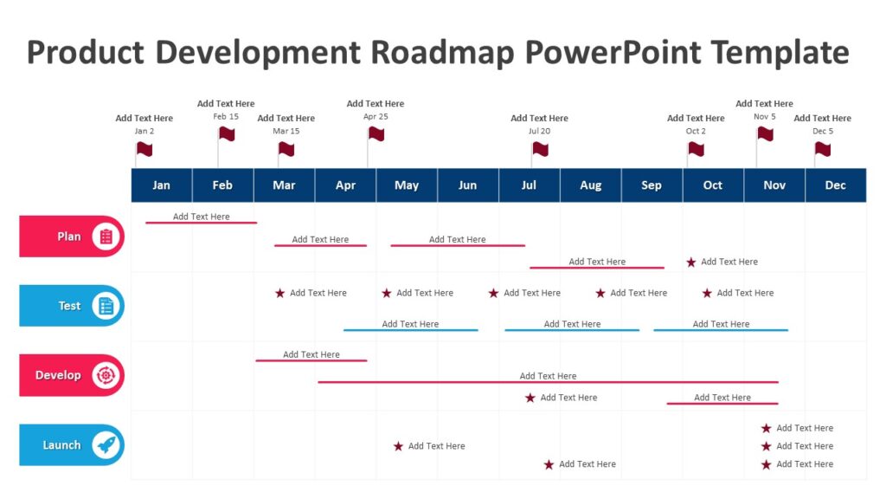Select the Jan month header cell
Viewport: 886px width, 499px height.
tap(161, 185)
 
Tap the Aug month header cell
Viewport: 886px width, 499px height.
tap(590, 185)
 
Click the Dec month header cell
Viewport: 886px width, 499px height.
tap(835, 185)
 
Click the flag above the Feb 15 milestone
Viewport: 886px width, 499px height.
tap(227, 133)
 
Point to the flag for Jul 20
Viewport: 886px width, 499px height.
tap(540, 149)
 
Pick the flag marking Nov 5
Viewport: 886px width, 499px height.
tap(765, 133)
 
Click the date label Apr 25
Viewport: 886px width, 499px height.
tap(376, 116)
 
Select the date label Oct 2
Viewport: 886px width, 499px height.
tap(696, 131)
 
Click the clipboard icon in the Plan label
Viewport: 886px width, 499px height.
tap(106, 237)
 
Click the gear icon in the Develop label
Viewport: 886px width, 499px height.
tap(106, 376)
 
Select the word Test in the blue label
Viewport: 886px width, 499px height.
tap(69, 306)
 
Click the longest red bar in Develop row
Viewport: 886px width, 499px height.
tap(548, 382)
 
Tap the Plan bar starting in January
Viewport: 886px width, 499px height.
tap(201, 223)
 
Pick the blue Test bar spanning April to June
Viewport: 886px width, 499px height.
tap(410, 330)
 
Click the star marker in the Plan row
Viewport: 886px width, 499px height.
tap(690, 262)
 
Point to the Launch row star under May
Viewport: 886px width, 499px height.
tap(398, 447)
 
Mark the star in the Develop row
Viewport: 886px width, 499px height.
tap(530, 398)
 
